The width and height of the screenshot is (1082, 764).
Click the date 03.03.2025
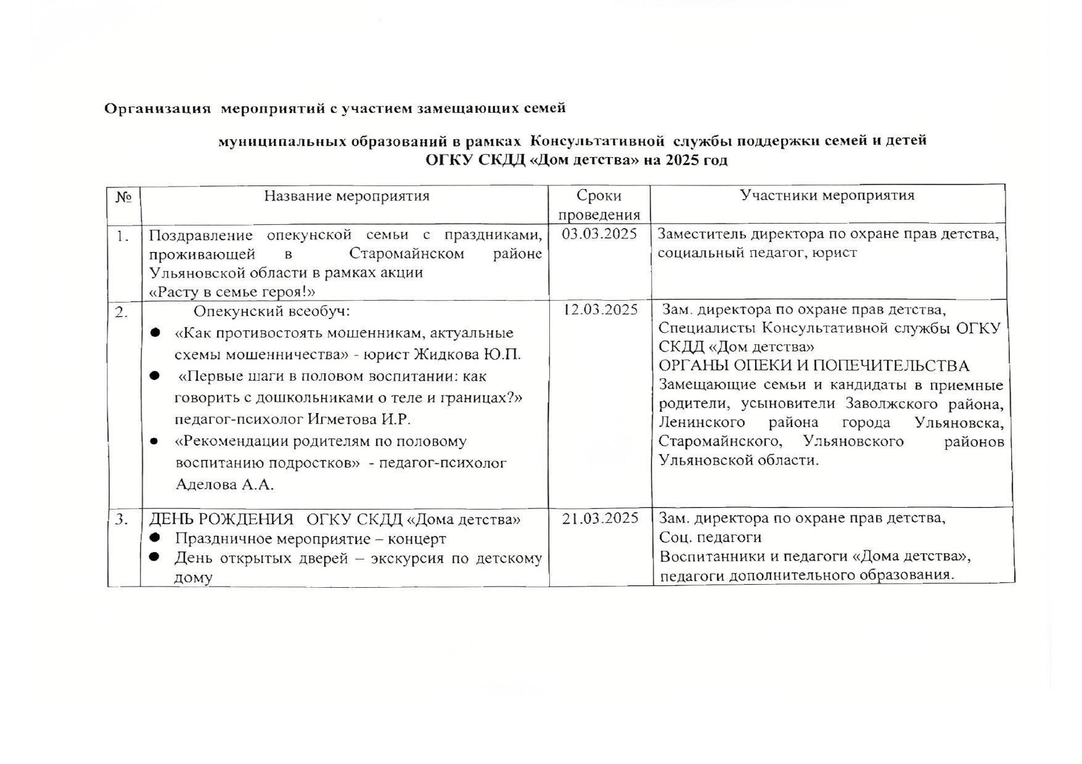[599, 234]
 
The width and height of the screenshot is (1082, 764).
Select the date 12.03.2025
[600, 309]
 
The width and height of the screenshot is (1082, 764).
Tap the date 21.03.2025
[600, 519]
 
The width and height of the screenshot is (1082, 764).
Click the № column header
[123, 197]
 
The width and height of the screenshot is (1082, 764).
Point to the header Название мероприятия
[346, 196]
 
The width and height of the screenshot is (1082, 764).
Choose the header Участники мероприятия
[827, 195]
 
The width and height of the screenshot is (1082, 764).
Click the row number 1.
[123, 235]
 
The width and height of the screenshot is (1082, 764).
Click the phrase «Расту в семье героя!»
[232, 291]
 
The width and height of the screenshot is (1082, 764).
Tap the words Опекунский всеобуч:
[272, 311]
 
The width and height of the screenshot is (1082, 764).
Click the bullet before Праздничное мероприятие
[155, 538]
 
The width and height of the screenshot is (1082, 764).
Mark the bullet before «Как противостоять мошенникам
[155, 333]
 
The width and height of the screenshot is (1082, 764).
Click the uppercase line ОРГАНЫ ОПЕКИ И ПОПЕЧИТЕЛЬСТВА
[814, 366]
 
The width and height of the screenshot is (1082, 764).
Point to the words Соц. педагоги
[710, 537]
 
